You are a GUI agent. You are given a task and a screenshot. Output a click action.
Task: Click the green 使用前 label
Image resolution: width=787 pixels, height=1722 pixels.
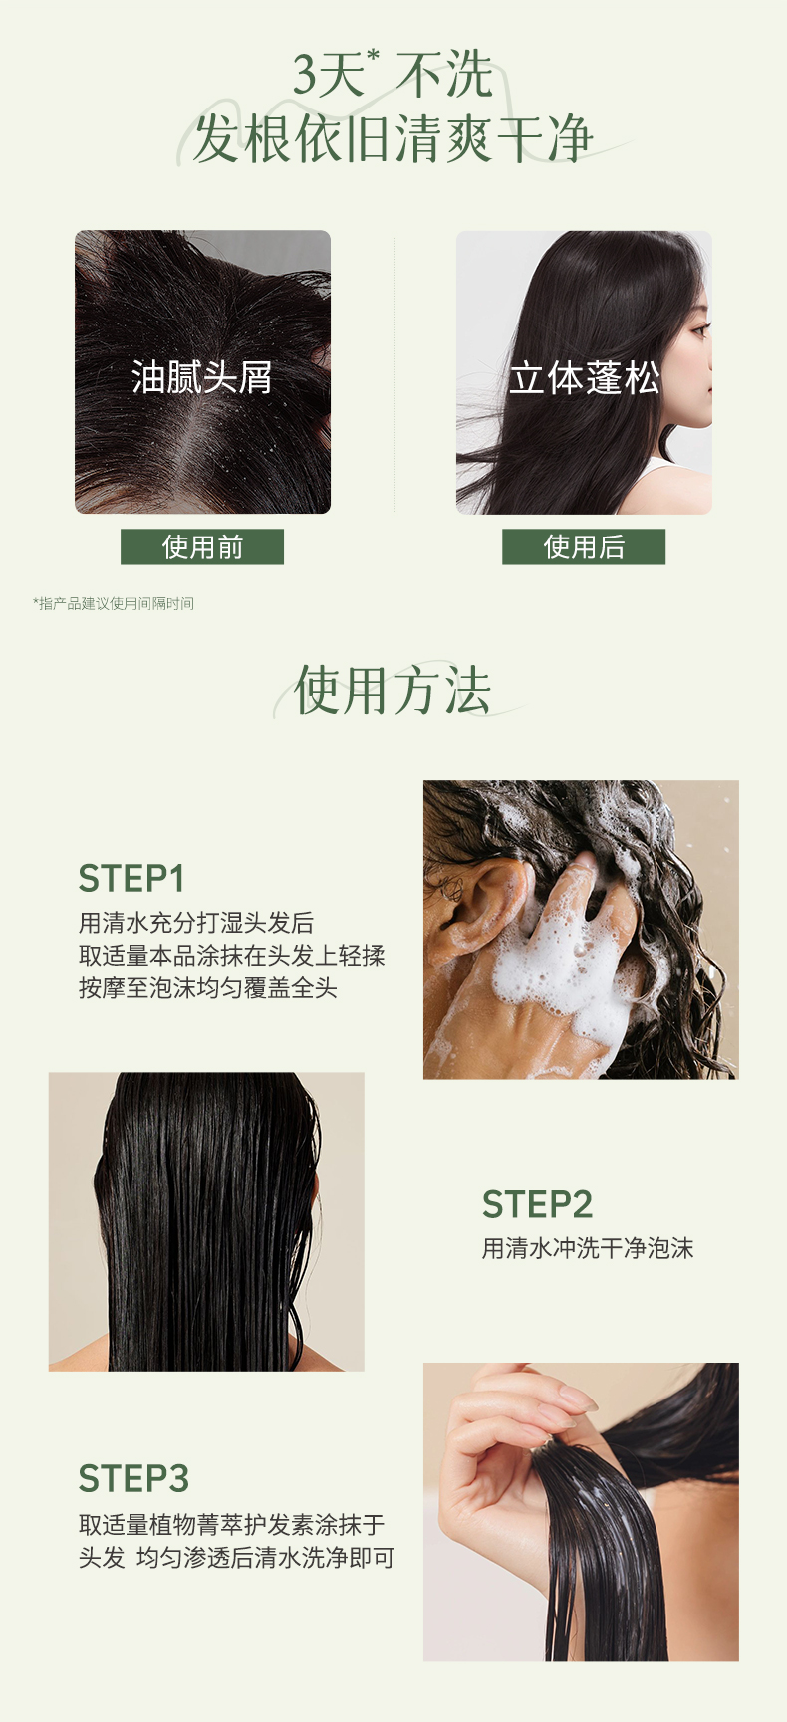pyautogui.click(x=202, y=546)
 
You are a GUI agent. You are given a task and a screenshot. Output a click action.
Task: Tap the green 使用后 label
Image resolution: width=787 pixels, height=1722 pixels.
pyautogui.click(x=584, y=546)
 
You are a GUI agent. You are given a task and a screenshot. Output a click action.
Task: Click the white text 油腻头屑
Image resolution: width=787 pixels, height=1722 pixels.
pyautogui.click(x=202, y=377)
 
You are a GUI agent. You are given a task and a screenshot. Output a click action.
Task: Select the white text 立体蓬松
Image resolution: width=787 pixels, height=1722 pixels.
pyautogui.click(x=585, y=377)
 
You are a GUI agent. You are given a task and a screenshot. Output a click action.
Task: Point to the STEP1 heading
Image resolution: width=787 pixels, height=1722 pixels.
pyautogui.click(x=131, y=879)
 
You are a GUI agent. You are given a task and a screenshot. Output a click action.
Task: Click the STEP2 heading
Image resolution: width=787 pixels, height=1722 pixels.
pyautogui.click(x=537, y=1204)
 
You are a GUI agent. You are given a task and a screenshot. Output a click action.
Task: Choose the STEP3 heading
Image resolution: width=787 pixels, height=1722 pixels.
pyautogui.click(x=133, y=1479)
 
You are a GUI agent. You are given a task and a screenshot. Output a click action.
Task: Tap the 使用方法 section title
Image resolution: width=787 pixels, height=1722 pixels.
pyautogui.click(x=393, y=690)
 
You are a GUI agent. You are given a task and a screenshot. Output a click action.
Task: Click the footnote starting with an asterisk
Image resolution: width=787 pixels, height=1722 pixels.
pyautogui.click(x=114, y=603)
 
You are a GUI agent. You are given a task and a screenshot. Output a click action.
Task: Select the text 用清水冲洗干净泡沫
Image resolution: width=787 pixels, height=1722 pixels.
pyautogui.click(x=588, y=1248)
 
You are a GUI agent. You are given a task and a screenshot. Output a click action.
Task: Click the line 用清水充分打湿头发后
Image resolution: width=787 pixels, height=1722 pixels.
pyautogui.click(x=196, y=923)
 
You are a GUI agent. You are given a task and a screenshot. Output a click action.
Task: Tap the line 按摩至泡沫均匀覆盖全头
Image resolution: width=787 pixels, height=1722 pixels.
pyautogui.click(x=208, y=988)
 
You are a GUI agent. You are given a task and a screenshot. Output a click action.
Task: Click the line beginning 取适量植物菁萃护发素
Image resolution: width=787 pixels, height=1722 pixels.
pyautogui.click(x=231, y=1525)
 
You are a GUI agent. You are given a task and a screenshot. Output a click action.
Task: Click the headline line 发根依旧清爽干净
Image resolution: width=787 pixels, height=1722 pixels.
pyautogui.click(x=393, y=139)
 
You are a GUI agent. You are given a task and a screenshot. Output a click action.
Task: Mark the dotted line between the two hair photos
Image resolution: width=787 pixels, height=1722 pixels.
pyautogui.click(x=394, y=375)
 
